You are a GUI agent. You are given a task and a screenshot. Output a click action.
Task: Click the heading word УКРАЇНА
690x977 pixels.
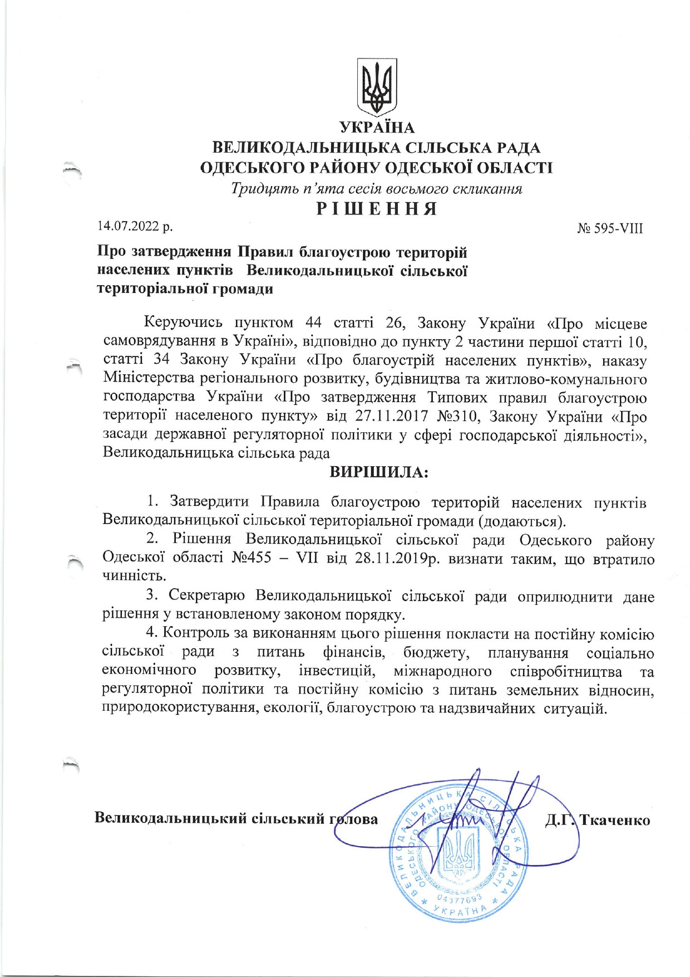pyautogui.click(x=377, y=128)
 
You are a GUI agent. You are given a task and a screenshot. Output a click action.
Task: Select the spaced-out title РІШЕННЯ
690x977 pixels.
pyautogui.click(x=377, y=208)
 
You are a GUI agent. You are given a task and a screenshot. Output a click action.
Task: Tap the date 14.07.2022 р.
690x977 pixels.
pyautogui.click(x=135, y=226)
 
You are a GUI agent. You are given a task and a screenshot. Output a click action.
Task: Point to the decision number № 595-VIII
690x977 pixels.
pyautogui.click(x=610, y=228)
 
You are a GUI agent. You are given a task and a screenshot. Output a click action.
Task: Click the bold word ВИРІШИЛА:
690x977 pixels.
pyautogui.click(x=379, y=472)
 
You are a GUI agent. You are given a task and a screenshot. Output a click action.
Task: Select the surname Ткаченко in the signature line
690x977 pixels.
pyautogui.click(x=615, y=820)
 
